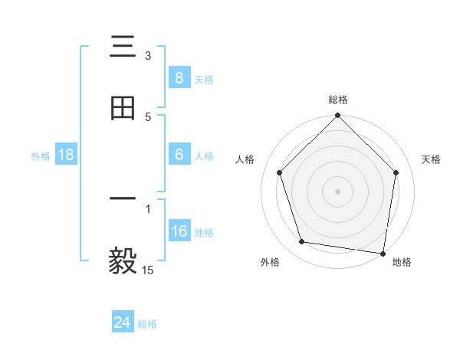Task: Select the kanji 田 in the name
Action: pos(123,110)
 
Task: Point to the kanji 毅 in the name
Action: pos(123,261)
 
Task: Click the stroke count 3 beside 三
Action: pos(148,56)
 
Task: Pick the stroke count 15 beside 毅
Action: pos(148,269)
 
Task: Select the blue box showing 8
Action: pos(179,77)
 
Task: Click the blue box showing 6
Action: pos(179,155)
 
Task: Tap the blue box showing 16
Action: pos(179,231)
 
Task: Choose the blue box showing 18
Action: pos(66,155)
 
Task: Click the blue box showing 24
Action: pos(122,322)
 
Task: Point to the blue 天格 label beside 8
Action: pos(204,79)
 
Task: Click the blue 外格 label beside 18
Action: pos(41,155)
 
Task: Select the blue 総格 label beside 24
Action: pos(147,324)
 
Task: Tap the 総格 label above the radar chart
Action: pos(338,100)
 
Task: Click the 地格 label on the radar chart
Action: pos(402,263)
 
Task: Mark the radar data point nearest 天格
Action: pos(396,172)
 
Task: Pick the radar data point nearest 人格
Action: pos(280,172)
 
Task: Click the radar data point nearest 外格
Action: pos(302,242)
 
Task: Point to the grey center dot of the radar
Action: pos(338,191)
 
